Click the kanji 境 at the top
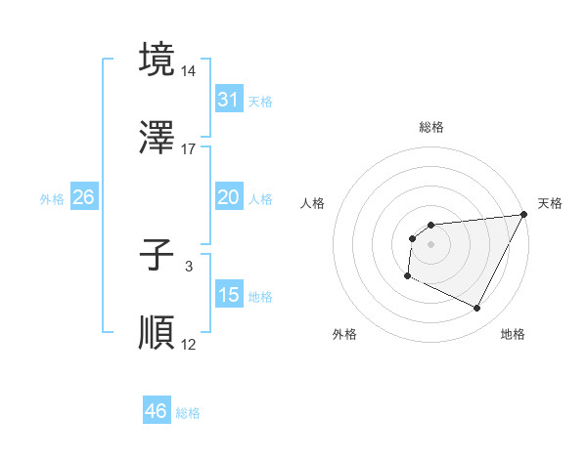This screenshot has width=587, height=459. [157, 59]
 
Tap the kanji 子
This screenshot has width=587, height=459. [157, 257]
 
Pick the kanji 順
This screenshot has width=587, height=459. [157, 333]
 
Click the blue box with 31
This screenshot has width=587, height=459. [228, 99]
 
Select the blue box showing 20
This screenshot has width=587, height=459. [228, 197]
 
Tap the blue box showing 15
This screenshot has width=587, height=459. [228, 295]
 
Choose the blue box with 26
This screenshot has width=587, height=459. [83, 197]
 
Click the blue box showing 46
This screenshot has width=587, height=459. [156, 411]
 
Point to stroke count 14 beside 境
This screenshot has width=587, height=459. [189, 71]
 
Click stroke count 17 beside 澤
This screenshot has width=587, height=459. [189, 148]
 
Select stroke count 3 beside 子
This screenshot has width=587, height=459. [189, 266]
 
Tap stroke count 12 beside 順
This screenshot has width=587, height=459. [189, 344]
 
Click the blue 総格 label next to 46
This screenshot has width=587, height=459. [188, 413]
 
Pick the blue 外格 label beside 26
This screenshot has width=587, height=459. [52, 199]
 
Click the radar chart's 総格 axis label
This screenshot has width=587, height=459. [430, 127]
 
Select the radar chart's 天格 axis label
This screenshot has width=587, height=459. [550, 203]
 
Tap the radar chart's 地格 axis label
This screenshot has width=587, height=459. [513, 334]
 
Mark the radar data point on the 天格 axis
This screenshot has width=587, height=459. [524, 214]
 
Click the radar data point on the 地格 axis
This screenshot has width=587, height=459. [477, 309]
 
